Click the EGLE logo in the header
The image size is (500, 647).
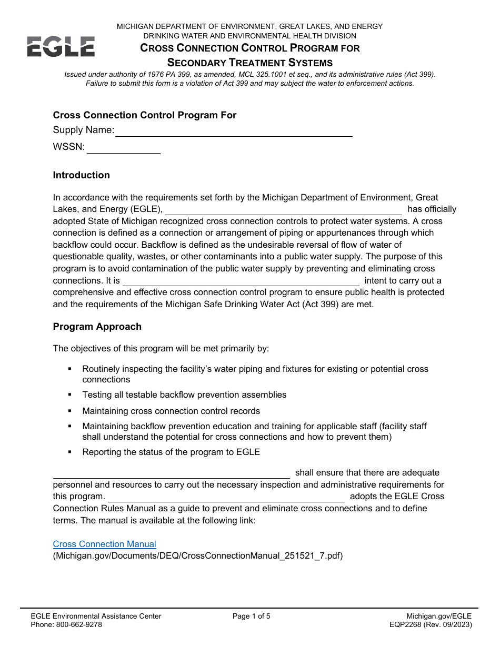(61, 46)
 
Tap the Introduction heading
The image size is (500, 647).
(82, 175)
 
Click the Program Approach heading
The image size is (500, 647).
(97, 327)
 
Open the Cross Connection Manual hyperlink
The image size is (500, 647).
(105, 544)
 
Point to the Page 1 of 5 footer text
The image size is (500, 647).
(252, 616)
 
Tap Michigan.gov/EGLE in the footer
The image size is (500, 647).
(439, 616)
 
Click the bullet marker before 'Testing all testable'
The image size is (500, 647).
(70, 395)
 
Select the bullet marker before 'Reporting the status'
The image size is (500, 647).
(70, 452)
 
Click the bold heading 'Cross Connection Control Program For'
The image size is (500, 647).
(145, 115)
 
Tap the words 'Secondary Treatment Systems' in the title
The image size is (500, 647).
(250, 63)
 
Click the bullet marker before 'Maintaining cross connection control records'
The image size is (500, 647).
(70, 411)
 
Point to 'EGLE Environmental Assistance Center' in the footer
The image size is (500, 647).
(96, 616)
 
